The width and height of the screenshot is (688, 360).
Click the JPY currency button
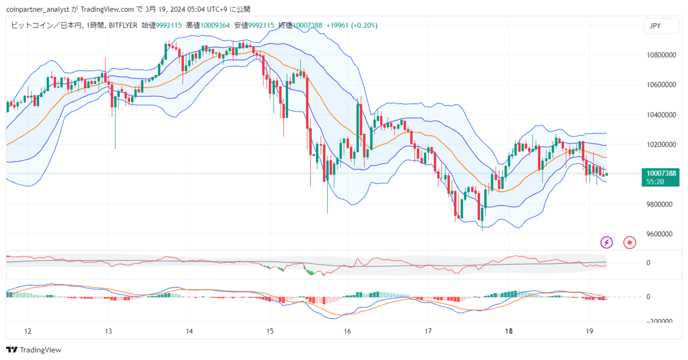(x=661, y=26)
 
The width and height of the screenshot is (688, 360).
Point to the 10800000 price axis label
(x=661, y=55)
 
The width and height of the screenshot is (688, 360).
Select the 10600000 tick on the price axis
(x=661, y=85)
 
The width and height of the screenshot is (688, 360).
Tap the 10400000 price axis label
(x=661, y=115)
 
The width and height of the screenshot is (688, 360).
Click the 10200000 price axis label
(x=661, y=145)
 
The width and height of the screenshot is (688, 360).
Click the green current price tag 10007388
(x=661, y=177)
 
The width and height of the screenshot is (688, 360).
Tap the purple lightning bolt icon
(x=606, y=243)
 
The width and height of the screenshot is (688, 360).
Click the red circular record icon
(x=629, y=243)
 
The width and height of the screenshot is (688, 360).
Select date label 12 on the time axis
(x=27, y=331)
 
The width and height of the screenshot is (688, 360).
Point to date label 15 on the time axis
(x=270, y=331)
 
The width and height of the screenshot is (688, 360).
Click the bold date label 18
(x=508, y=331)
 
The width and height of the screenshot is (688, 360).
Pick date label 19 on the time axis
(x=589, y=331)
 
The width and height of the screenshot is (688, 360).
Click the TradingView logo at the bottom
(x=33, y=350)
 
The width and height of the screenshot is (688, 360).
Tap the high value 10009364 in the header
(x=215, y=25)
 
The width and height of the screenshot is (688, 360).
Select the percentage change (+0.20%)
(x=364, y=25)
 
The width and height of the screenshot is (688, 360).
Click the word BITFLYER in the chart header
(x=123, y=25)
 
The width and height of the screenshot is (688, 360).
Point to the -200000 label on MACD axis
(x=660, y=321)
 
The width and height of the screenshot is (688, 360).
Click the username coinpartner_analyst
(x=38, y=10)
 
